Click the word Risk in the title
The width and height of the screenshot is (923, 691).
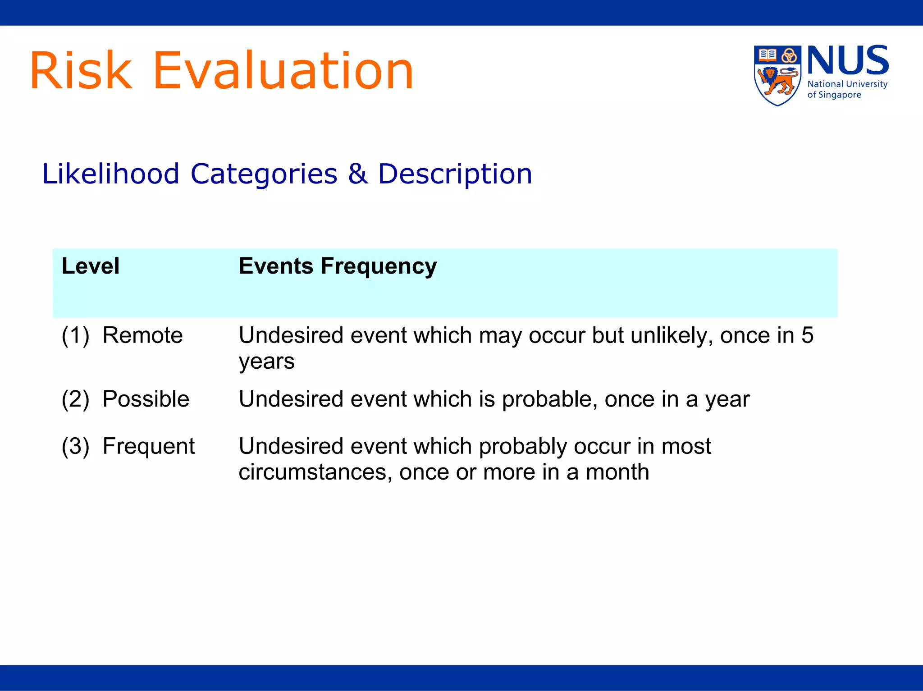[81, 71]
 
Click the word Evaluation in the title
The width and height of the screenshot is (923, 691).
[283, 71]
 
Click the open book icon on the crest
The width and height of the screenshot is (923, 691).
[767, 55]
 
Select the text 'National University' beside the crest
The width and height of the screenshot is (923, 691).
[847, 84]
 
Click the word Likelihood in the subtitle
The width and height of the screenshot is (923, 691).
[111, 174]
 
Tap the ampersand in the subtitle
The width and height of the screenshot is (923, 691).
[357, 174]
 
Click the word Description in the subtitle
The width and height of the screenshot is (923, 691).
[455, 174]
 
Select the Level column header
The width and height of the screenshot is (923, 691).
[91, 266]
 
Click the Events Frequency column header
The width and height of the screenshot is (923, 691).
[338, 266]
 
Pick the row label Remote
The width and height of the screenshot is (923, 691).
[142, 335]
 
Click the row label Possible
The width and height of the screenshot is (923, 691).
[146, 399]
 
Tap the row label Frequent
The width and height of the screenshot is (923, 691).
[148, 446]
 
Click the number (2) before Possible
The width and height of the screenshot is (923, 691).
[75, 399]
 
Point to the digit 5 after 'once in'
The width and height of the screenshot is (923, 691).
[807, 335]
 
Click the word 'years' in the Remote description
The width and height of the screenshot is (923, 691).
[266, 362]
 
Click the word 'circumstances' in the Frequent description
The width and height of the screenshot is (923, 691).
[315, 472]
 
